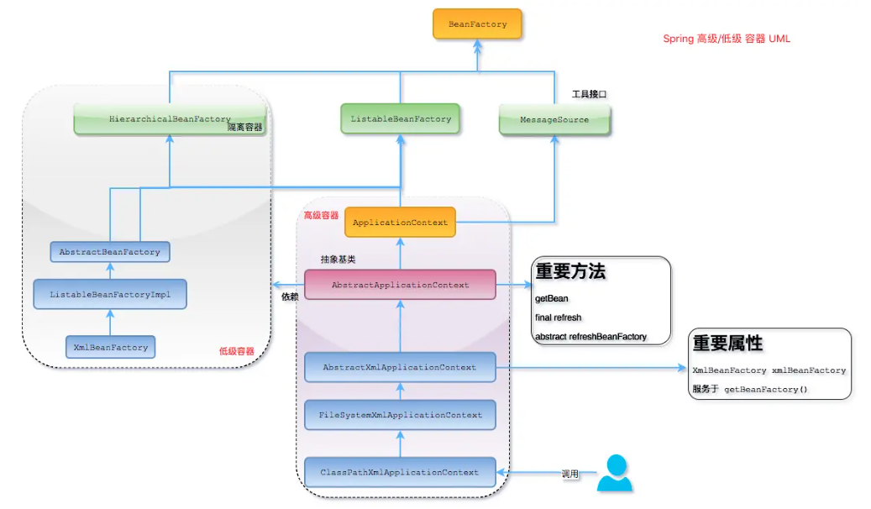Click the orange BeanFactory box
coord(477,24)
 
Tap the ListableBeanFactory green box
coord(401,119)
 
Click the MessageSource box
coord(554,120)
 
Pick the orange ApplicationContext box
coord(400,223)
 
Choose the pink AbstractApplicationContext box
coord(400,285)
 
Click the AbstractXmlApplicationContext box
coord(400,367)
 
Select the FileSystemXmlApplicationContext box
coord(400,415)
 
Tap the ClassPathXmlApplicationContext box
coord(400,472)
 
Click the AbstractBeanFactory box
coord(109,251)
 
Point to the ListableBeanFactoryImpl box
coord(109,295)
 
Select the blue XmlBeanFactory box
coord(110,347)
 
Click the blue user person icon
coord(616,473)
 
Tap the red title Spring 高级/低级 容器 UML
coord(726,39)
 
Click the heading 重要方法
coord(570,271)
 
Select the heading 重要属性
coord(727,343)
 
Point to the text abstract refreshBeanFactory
coord(591,336)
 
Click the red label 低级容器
coord(236,351)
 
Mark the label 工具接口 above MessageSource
coord(589,94)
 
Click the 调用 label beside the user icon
coord(570,475)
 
